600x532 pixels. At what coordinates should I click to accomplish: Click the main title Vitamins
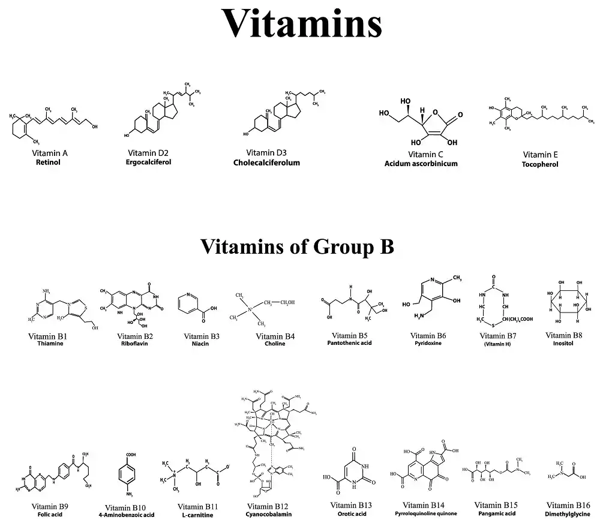point(302,25)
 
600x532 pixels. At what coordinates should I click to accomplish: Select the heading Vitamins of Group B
point(297,246)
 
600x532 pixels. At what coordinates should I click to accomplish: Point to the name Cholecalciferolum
point(266,163)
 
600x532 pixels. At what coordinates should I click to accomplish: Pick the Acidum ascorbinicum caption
point(421,163)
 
